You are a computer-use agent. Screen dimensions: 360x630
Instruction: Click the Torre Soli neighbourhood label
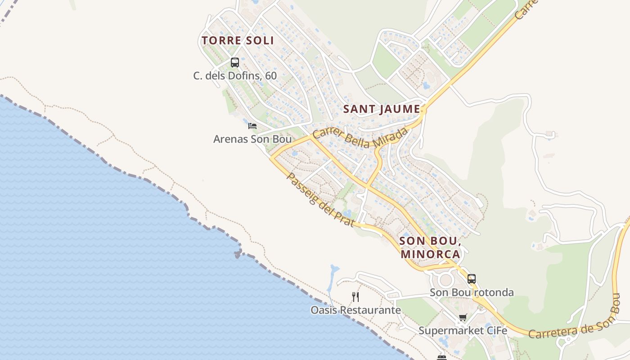click(238, 40)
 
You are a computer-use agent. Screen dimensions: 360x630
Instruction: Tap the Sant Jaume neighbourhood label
click(382, 109)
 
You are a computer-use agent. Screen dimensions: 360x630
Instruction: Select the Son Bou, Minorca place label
click(430, 247)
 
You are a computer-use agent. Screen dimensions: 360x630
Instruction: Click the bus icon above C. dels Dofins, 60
click(235, 63)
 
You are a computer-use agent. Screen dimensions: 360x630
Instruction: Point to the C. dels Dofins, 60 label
click(235, 76)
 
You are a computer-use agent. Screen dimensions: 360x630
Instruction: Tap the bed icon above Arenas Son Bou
click(252, 126)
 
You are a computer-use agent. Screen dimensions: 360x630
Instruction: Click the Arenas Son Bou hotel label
click(252, 139)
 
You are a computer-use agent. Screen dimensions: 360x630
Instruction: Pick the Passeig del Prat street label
click(320, 200)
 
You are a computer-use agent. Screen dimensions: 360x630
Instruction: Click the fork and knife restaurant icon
click(355, 297)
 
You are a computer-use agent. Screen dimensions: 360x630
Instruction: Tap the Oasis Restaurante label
click(355, 310)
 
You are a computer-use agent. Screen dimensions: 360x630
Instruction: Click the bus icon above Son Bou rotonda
click(472, 279)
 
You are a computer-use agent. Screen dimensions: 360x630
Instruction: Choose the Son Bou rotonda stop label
click(472, 292)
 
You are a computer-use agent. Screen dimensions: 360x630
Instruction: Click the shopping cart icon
click(463, 318)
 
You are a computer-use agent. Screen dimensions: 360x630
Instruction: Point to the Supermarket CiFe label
click(463, 331)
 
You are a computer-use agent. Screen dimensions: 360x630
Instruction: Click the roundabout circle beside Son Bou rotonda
click(445, 280)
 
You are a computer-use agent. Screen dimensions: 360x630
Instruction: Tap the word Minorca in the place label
click(430, 254)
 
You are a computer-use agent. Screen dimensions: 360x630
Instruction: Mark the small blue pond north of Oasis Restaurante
click(334, 270)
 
